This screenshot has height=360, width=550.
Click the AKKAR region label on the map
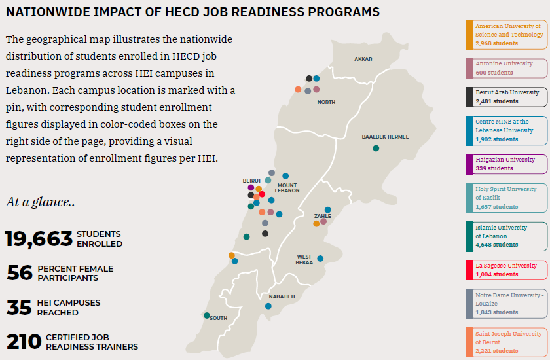click(x=363, y=59)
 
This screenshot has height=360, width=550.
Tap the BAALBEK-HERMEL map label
click(x=385, y=137)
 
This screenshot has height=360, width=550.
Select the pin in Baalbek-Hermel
click(x=376, y=148)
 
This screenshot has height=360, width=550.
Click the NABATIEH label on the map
click(x=282, y=297)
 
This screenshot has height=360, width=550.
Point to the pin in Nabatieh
click(x=268, y=306)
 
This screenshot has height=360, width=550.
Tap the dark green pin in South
click(x=207, y=315)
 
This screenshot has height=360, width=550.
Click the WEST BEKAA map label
click(x=304, y=259)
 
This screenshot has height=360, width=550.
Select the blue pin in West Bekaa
click(x=320, y=258)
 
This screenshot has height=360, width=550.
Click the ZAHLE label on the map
click(x=322, y=216)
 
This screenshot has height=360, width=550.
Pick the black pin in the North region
click(x=308, y=79)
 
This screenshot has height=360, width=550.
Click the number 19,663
click(x=39, y=239)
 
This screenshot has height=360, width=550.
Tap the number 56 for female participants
click(x=20, y=273)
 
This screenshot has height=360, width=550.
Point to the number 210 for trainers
click(x=24, y=342)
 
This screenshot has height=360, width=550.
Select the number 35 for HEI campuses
click(x=20, y=308)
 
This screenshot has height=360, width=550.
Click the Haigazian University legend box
click(x=507, y=164)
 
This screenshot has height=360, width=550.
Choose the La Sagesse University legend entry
click(x=507, y=270)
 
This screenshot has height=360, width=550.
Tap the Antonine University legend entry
click(x=507, y=68)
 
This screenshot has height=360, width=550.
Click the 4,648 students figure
click(x=497, y=245)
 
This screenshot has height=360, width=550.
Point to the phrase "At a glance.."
click(x=40, y=202)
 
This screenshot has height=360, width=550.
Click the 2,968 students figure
click(x=496, y=43)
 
